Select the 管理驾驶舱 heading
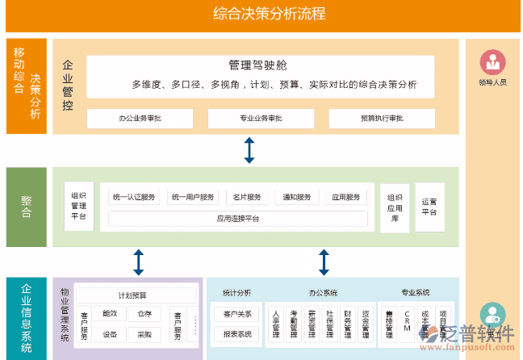tap(258, 65)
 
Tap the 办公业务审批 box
tap(140, 119)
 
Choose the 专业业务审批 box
tap(261, 119)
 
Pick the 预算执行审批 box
tap(382, 119)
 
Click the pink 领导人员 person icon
tap(492, 62)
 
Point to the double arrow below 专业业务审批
tap(249, 150)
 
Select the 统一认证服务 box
tap(136, 198)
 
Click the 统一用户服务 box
tap(194, 198)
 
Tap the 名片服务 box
tap(247, 198)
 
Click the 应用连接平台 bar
tap(238, 219)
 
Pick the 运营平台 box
tap(429, 207)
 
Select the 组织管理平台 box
tap(79, 206)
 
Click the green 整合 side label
tap(27, 207)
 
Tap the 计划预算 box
tap(132, 295)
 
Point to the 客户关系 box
tap(237, 314)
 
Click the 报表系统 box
tap(237, 333)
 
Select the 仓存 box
tap(144, 314)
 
